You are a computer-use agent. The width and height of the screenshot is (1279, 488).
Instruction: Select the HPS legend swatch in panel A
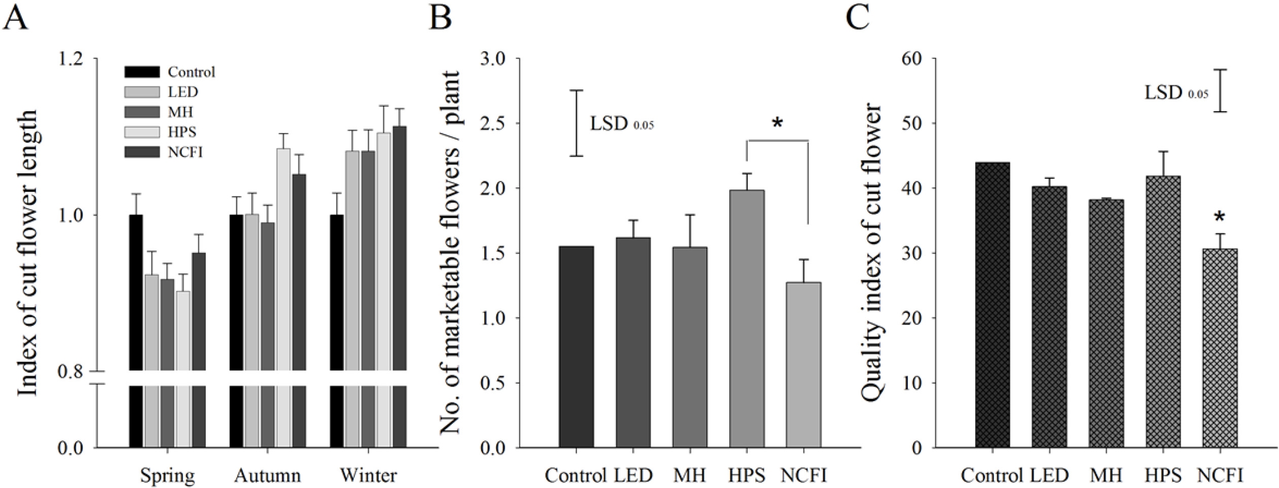[142, 132]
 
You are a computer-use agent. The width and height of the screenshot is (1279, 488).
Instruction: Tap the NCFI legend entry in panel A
[185, 152]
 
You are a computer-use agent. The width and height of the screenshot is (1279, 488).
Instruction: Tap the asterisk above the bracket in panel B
[777, 123]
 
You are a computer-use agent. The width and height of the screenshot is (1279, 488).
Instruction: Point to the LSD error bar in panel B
[576, 123]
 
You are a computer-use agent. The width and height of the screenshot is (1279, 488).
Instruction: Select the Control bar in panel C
[992, 305]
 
